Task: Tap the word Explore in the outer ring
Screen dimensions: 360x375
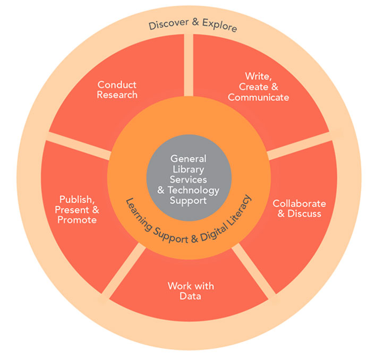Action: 219,27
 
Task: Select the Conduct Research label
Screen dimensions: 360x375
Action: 117,90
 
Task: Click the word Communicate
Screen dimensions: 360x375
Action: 258,97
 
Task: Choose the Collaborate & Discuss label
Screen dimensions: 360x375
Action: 299,208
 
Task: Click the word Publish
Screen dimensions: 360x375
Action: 76,200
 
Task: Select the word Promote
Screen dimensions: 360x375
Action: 78,219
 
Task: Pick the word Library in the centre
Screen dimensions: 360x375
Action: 188,169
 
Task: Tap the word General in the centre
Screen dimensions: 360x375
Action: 188,159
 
